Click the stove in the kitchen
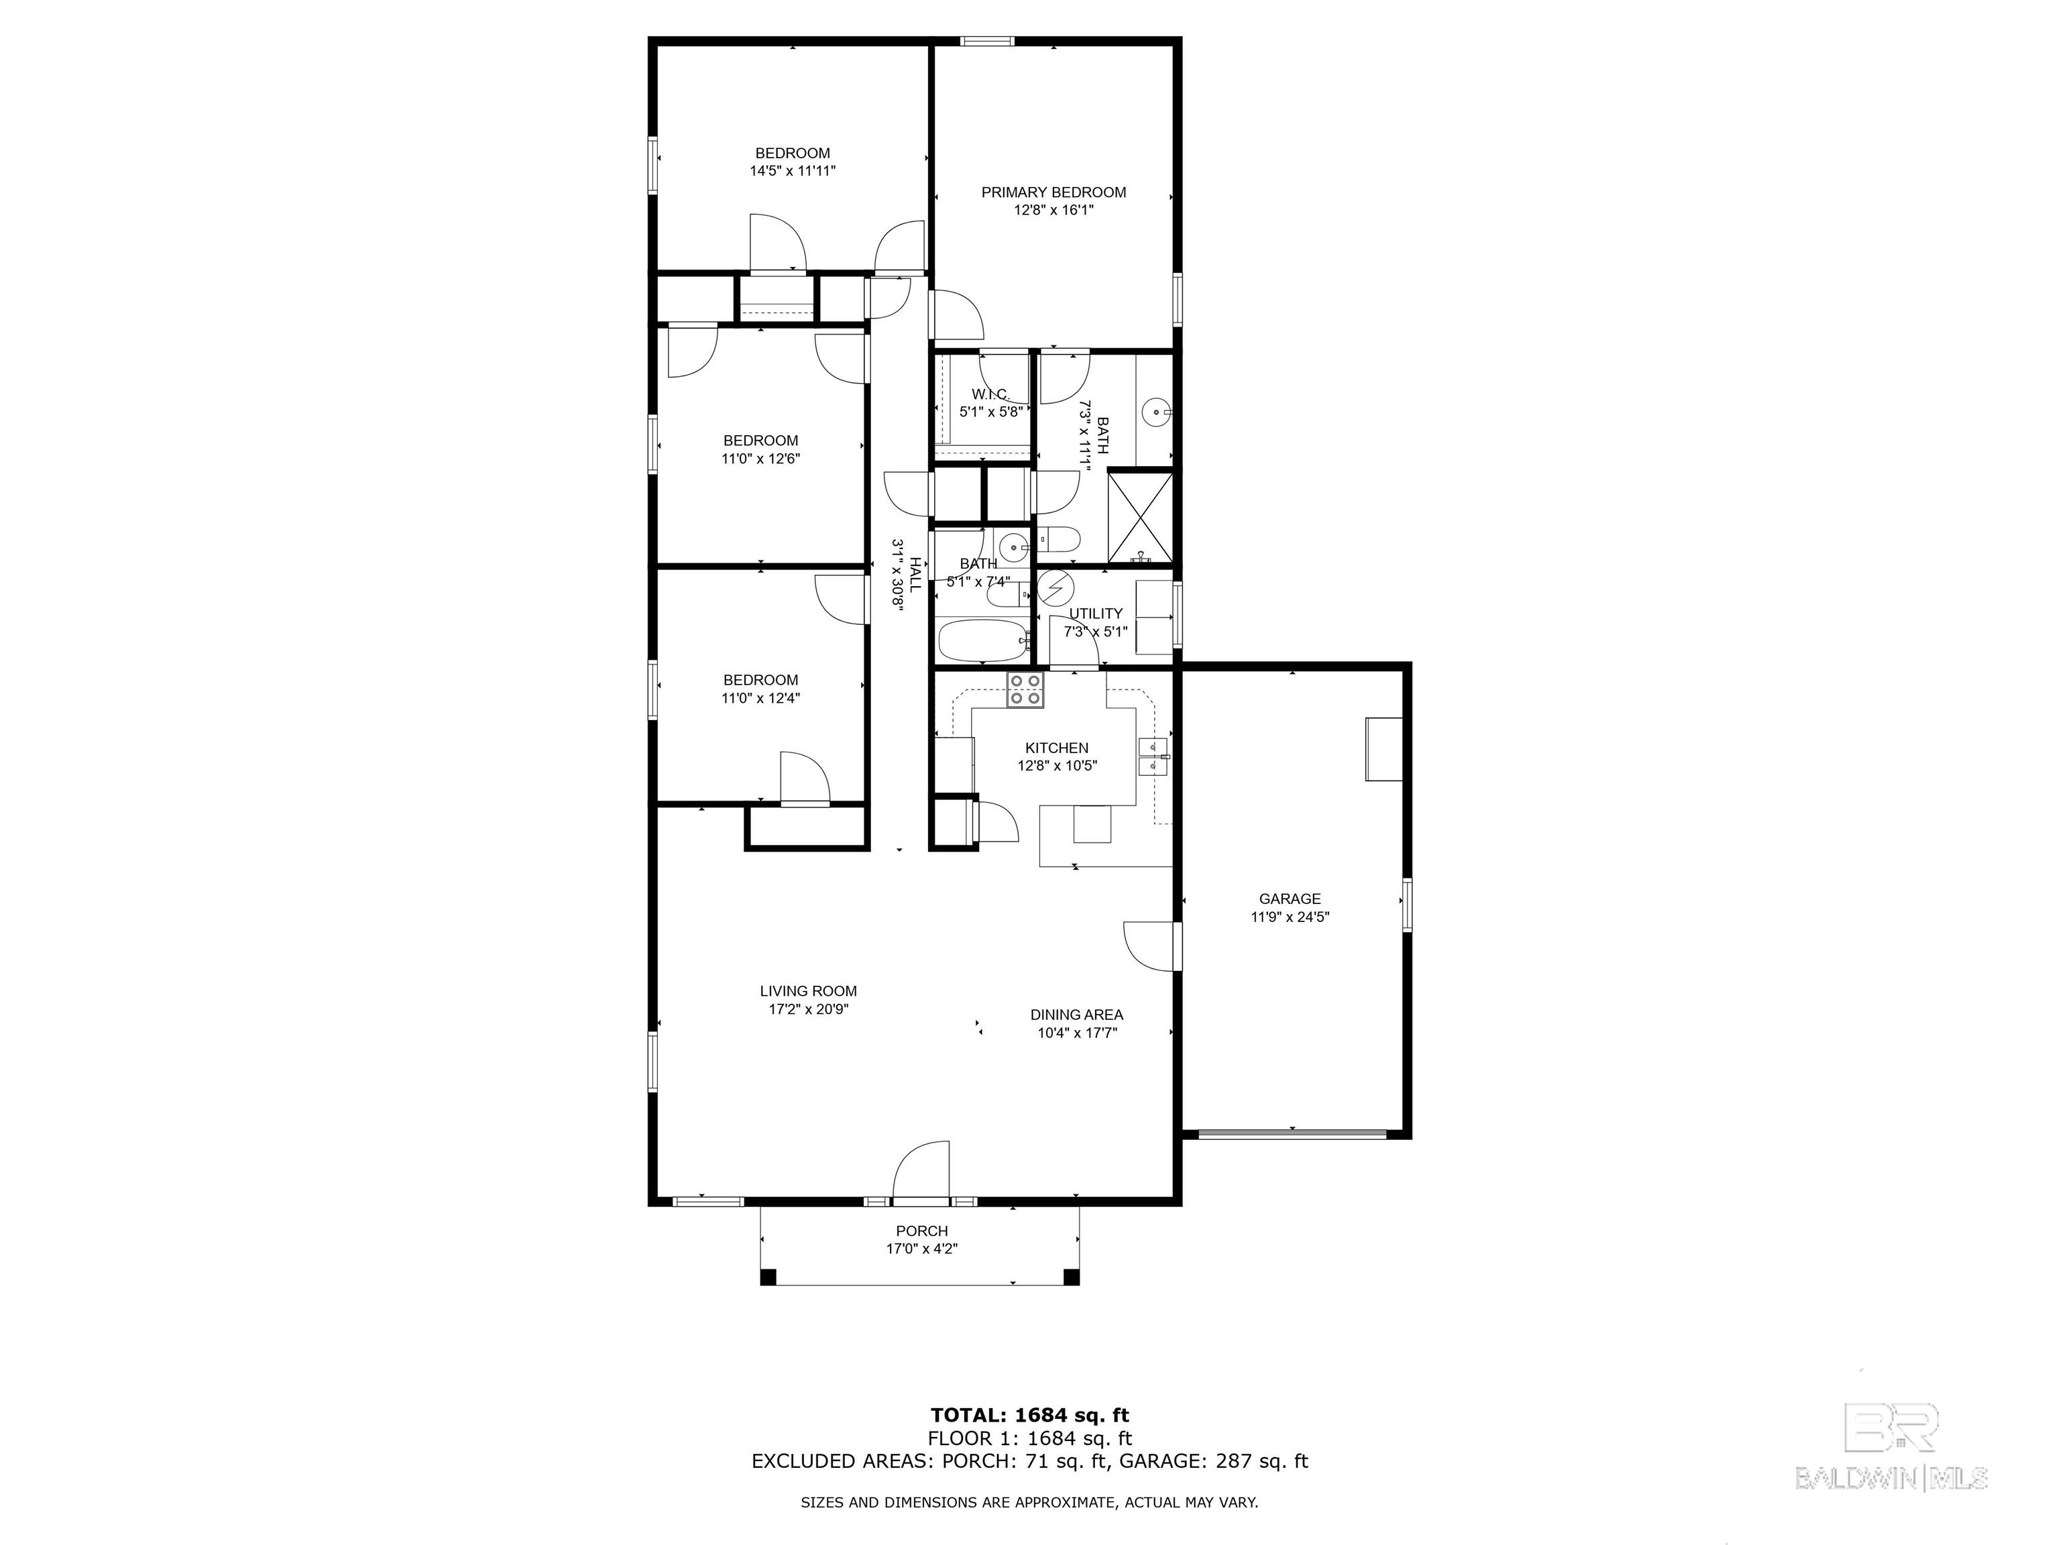(1025, 690)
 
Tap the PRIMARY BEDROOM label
(1053, 192)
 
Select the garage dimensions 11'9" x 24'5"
(1290, 917)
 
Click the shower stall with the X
(1140, 518)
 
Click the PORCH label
(922, 1231)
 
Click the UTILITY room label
(1095, 614)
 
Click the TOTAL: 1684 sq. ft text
(1030, 1416)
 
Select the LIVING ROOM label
(808, 991)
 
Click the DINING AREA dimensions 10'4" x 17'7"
(1078, 1032)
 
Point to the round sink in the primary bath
(1155, 409)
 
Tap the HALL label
(915, 575)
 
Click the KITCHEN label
(1057, 748)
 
